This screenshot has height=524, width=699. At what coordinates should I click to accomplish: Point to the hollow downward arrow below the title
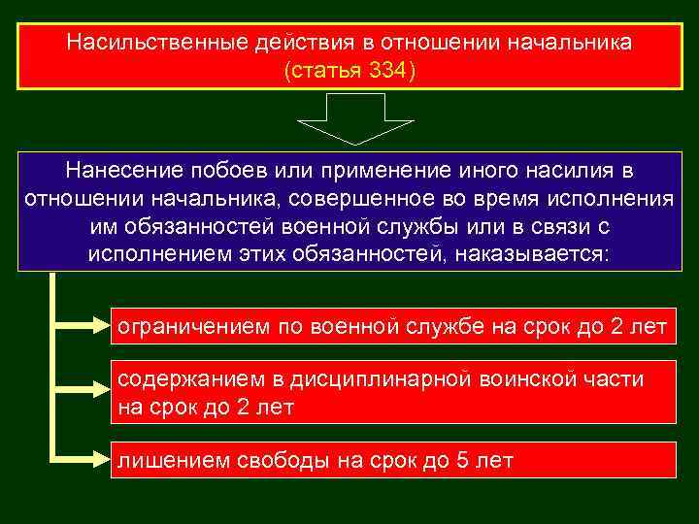[354, 117]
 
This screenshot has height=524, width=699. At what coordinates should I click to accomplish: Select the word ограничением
[194, 327]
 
